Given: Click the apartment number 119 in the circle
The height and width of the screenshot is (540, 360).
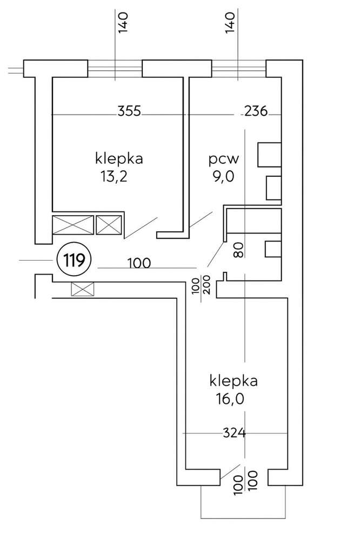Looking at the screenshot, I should (73, 261).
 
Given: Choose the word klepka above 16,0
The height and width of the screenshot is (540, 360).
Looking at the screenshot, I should (234, 381).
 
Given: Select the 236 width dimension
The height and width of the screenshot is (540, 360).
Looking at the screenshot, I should (256, 112).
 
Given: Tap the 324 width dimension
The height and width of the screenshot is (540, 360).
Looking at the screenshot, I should (235, 433).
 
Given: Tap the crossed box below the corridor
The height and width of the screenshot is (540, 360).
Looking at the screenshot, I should (83, 290).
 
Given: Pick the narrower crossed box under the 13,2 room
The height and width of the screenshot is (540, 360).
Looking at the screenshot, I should (109, 225).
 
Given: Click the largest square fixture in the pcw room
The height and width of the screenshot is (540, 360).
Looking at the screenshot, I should (269, 155).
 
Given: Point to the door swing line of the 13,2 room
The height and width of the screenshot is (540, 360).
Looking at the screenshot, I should (141, 227).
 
